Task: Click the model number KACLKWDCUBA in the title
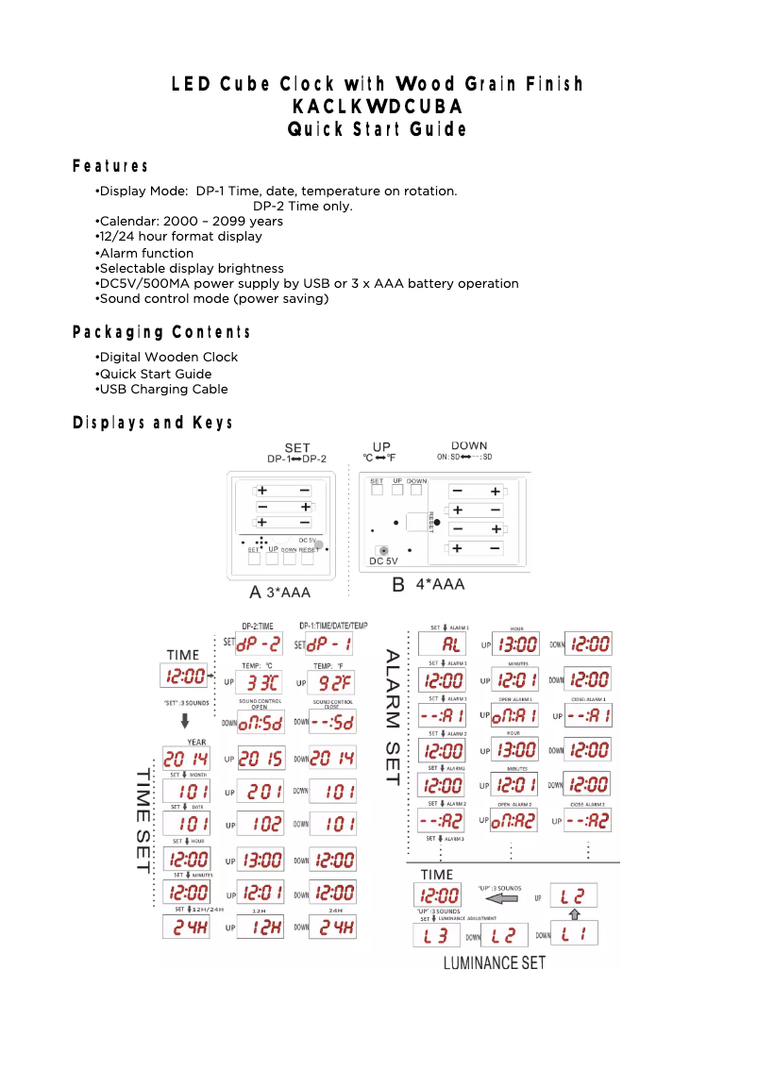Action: point(378,107)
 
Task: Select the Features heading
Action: point(110,167)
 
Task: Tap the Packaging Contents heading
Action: point(162,332)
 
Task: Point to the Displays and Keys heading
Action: point(153,423)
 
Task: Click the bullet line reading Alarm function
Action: point(144,253)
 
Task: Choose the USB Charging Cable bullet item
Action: point(161,389)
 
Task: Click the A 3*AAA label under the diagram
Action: point(279,593)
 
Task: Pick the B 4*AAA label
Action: point(429,585)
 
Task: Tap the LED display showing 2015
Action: point(260,758)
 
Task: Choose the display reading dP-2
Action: point(259,645)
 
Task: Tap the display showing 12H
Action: point(260,927)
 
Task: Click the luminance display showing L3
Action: point(436,936)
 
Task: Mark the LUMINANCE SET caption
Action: point(495,963)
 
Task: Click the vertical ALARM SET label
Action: point(392,716)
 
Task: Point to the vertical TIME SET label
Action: point(143,822)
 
